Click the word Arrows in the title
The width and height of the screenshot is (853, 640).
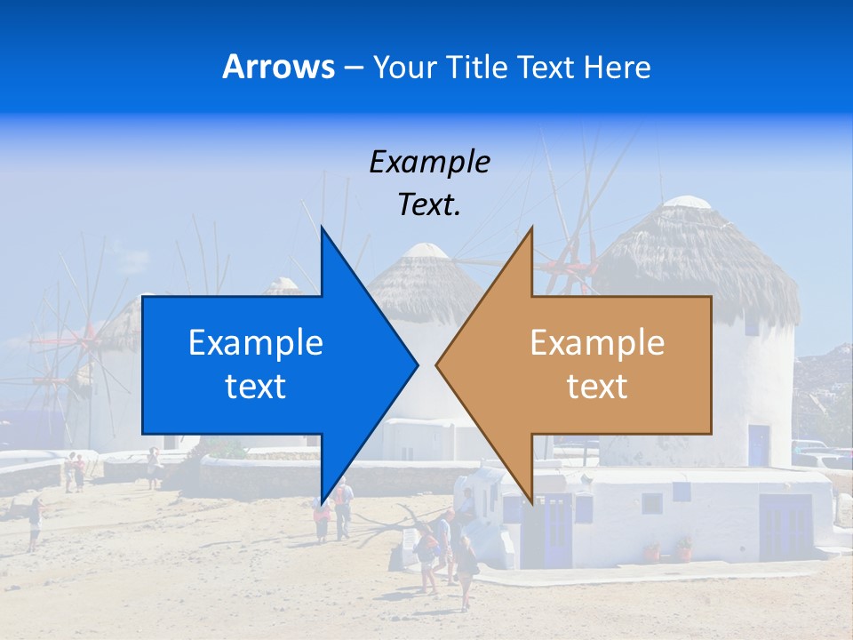[x=279, y=67]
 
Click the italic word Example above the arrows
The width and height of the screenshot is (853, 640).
[x=429, y=163]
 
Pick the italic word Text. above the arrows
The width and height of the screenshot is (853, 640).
[x=429, y=205]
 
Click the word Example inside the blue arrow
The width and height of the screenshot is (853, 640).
[x=256, y=343]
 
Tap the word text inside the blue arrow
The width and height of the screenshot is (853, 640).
[x=256, y=387]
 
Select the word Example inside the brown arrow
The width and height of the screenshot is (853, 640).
[x=597, y=343]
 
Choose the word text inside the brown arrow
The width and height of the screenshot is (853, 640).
[x=597, y=387]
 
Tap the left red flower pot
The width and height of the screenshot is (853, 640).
[x=652, y=552]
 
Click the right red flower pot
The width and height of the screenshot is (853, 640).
[x=683, y=549]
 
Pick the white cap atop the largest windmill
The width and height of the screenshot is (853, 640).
[x=688, y=203]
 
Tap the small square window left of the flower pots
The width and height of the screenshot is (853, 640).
[x=652, y=503]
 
